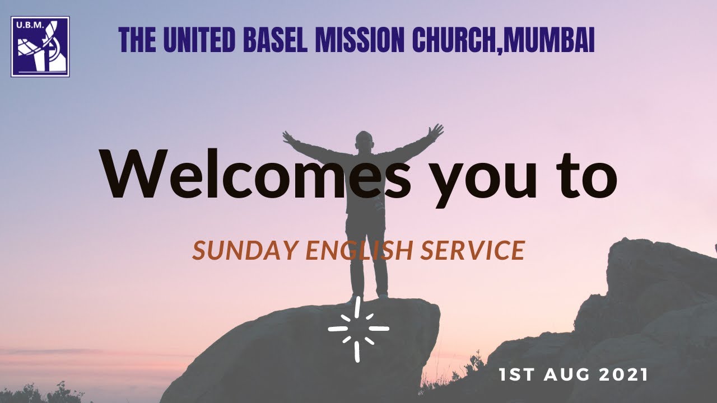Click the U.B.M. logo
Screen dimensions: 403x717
tap(40, 46)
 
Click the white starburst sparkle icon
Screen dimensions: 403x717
tap(358, 329)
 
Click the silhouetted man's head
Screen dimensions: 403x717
tap(364, 140)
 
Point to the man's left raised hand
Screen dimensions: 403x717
tap(435, 132)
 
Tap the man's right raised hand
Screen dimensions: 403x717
tap(290, 137)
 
